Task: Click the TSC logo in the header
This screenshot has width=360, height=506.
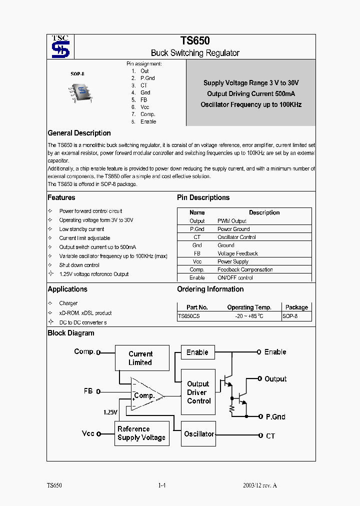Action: tap(60, 46)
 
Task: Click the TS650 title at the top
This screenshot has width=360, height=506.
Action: tap(195, 41)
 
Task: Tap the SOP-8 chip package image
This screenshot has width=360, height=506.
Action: tap(80, 92)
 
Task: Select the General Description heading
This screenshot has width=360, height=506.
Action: tap(79, 133)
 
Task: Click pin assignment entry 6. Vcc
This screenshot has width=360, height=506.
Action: tap(140, 107)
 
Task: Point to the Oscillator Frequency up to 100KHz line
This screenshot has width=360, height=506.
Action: tap(251, 104)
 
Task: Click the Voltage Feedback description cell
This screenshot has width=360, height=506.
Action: tap(237, 253)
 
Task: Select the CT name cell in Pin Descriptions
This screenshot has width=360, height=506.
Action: tap(197, 237)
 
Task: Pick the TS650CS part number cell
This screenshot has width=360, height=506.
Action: tap(189, 316)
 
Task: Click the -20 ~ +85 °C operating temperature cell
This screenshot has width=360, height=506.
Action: tap(249, 316)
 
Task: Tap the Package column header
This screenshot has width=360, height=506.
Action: tap(296, 307)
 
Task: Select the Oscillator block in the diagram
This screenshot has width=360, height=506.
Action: tap(198, 434)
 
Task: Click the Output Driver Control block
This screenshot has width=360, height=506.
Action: tap(198, 392)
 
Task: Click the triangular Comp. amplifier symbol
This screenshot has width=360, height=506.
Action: tap(145, 395)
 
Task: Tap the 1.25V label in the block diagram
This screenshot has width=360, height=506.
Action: tap(110, 412)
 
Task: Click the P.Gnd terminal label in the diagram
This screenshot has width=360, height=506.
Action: tap(275, 416)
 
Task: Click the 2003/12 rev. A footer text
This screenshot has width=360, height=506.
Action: tap(259, 485)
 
